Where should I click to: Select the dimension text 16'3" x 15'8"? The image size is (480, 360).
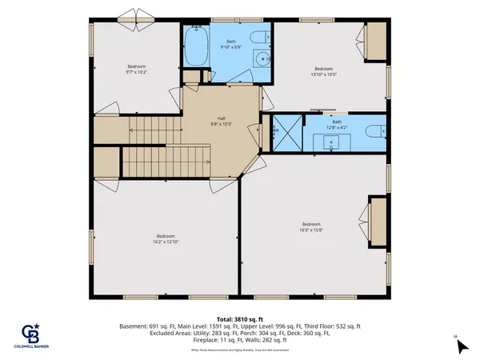coord(312,229)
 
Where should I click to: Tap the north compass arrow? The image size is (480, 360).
coord(461,346)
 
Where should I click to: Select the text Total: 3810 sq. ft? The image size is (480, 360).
coord(240,318)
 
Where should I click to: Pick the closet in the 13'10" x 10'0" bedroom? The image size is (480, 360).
coord(375,41)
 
